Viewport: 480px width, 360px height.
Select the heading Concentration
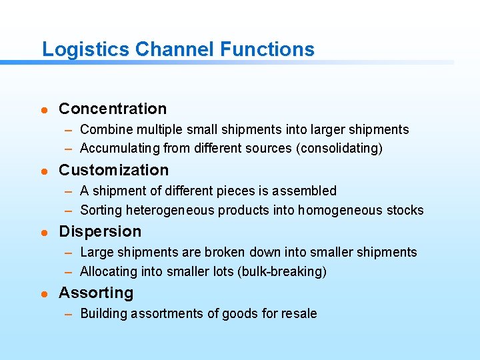pyautogui.click(x=113, y=109)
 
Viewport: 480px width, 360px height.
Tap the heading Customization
pyautogui.click(x=114, y=170)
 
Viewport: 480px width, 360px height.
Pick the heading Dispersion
pyautogui.click(x=100, y=231)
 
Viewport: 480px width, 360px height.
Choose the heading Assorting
pyautogui.click(x=96, y=293)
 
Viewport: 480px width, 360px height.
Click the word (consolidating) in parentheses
pyautogui.click(x=339, y=149)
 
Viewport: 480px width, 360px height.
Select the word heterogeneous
pyautogui.click(x=164, y=210)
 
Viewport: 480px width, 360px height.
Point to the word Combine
pyautogui.click(x=103, y=129)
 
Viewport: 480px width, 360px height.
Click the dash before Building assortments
pyautogui.click(x=69, y=314)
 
